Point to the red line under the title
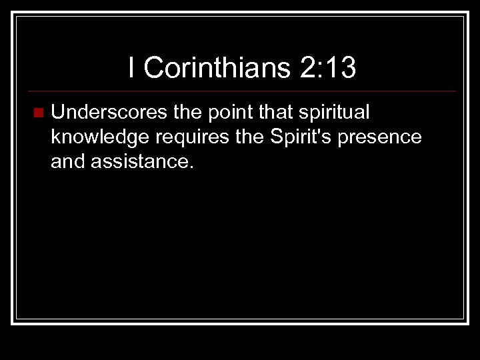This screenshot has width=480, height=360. [239, 91]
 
